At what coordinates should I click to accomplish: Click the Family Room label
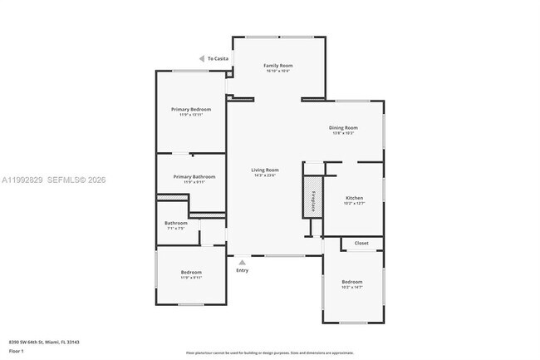[278, 65]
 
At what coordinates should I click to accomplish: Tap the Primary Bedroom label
[191, 110]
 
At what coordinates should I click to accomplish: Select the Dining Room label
[343, 127]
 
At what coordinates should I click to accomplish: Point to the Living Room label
[265, 170]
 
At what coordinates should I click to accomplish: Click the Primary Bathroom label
[194, 176]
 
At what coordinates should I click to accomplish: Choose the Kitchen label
[354, 198]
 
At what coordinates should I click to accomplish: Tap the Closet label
[361, 243]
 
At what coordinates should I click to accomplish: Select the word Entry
[242, 270]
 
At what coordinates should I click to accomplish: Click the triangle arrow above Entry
[242, 262]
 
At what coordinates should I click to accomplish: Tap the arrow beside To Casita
[202, 58]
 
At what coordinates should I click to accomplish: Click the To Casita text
[218, 58]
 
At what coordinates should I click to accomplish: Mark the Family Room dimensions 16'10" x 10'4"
[278, 71]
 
